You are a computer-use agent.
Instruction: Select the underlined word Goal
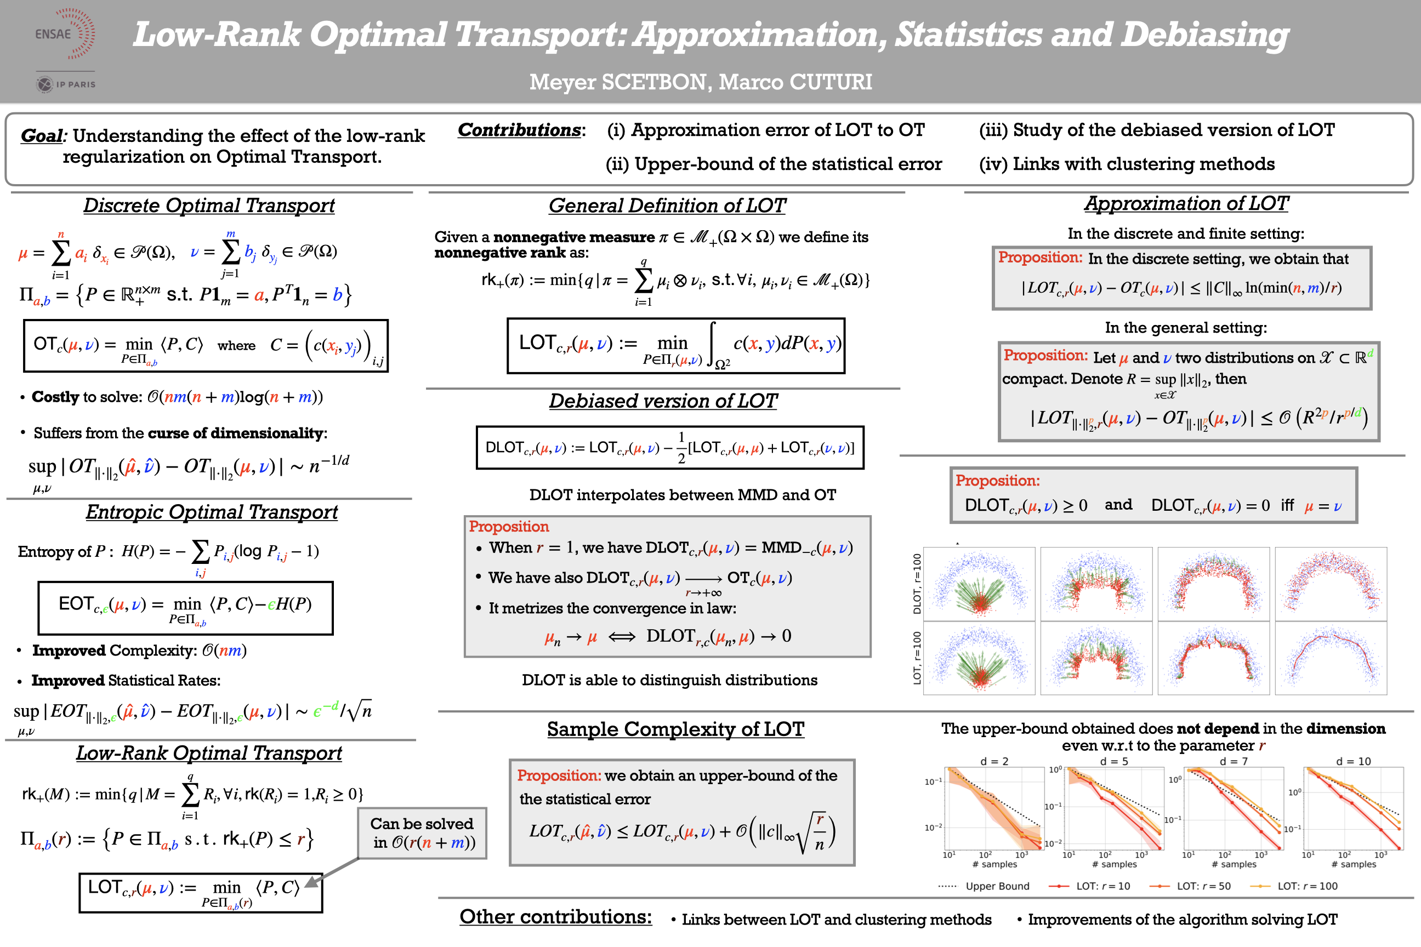pyautogui.click(x=42, y=135)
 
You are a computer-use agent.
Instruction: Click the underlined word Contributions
pyautogui.click(x=519, y=130)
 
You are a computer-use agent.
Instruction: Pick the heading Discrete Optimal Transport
pyautogui.click(x=208, y=206)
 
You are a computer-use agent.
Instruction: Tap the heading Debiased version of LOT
pyautogui.click(x=663, y=401)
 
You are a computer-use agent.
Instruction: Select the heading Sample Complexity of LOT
pyautogui.click(x=675, y=729)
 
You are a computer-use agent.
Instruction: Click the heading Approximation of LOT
pyautogui.click(x=1186, y=203)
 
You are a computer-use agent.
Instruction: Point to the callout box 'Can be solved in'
pyautogui.click(x=422, y=833)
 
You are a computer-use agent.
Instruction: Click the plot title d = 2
pyautogui.click(x=994, y=761)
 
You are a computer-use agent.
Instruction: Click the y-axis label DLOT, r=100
pyautogui.click(x=917, y=584)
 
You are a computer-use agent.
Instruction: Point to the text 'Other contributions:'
pyautogui.click(x=555, y=916)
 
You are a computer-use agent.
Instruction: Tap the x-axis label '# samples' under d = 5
pyautogui.click(x=1118, y=864)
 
